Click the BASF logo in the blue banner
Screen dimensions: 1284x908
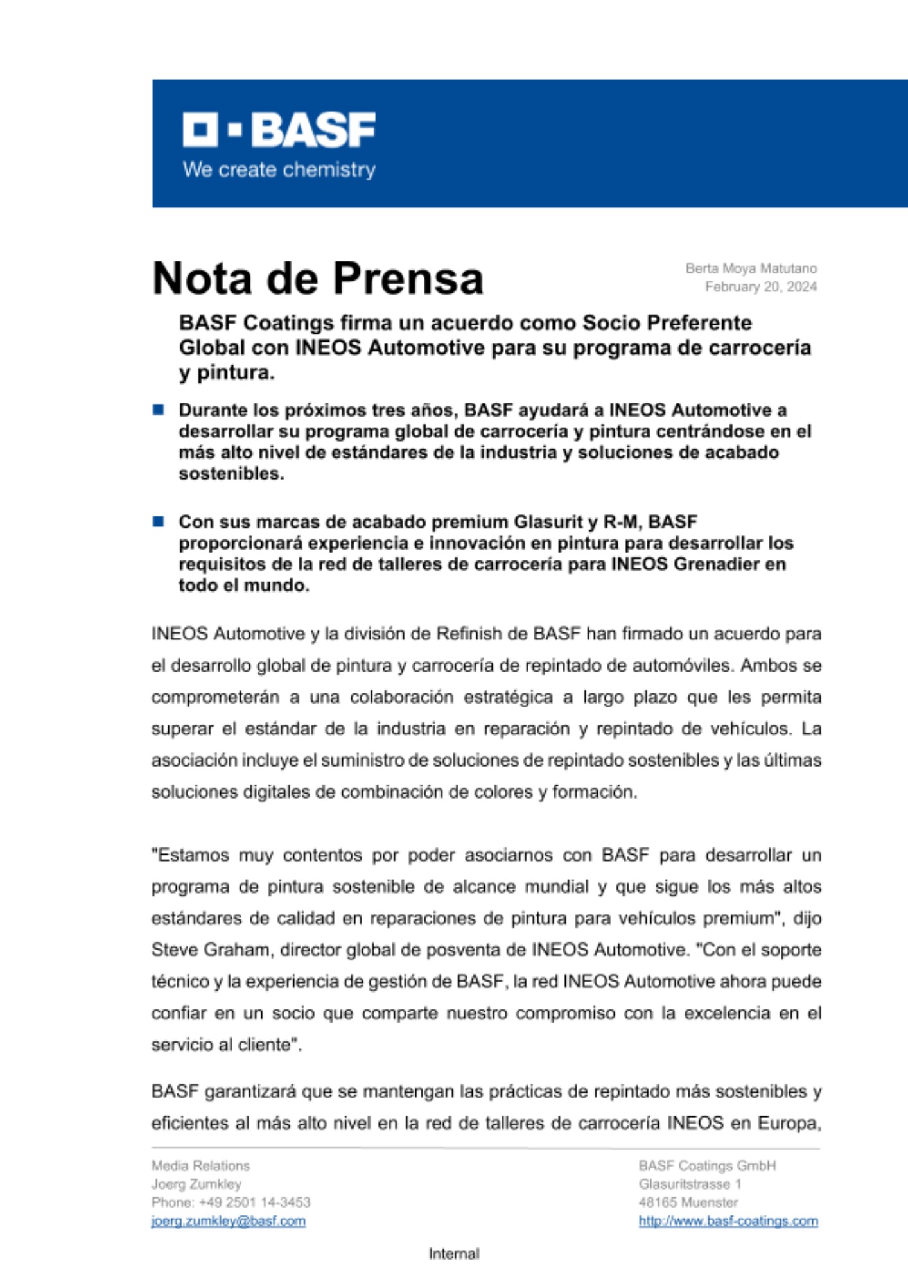(x=279, y=130)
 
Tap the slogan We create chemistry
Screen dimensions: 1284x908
(x=279, y=170)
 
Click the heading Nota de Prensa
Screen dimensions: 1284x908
(x=318, y=279)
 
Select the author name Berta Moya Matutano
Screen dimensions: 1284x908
(x=751, y=268)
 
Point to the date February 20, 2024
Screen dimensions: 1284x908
(x=760, y=287)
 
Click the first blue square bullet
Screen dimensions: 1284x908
(x=158, y=410)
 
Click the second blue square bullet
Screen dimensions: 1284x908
(x=158, y=521)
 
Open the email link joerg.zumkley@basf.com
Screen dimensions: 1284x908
(x=228, y=1220)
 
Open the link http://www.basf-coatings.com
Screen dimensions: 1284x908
(x=728, y=1220)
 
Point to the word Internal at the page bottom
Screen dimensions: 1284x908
(x=454, y=1253)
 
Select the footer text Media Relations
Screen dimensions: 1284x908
(x=200, y=1165)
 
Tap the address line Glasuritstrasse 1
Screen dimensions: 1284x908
(x=690, y=1184)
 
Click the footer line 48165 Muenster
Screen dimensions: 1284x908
(x=688, y=1202)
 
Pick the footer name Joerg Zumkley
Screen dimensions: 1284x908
(x=196, y=1184)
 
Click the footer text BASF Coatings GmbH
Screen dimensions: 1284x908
(x=706, y=1165)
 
